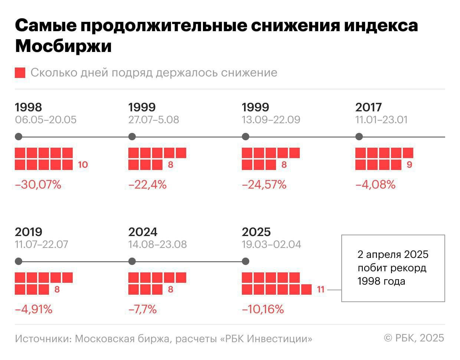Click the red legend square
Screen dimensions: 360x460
coord(20,73)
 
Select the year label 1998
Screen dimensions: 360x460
coord(28,107)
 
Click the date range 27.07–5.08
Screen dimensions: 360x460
coord(154,120)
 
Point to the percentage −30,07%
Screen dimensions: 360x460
coord(38,184)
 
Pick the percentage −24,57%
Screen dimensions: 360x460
coord(264,184)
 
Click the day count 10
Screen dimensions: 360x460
coord(83,164)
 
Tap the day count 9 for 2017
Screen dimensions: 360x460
coord(409,164)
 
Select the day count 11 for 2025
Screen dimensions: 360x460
coord(321,289)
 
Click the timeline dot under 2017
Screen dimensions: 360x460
coord(359,137)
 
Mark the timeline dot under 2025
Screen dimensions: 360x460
coord(245,261)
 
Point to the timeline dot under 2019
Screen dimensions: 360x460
coord(19,261)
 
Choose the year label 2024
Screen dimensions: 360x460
coord(143,232)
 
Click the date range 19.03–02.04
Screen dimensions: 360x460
coord(272,245)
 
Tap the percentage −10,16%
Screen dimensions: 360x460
coord(263,309)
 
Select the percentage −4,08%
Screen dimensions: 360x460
coord(375,184)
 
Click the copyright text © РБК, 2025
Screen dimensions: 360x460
coord(414,338)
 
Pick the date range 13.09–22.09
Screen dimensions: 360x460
coord(271,120)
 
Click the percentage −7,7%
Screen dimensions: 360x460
coord(142,309)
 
